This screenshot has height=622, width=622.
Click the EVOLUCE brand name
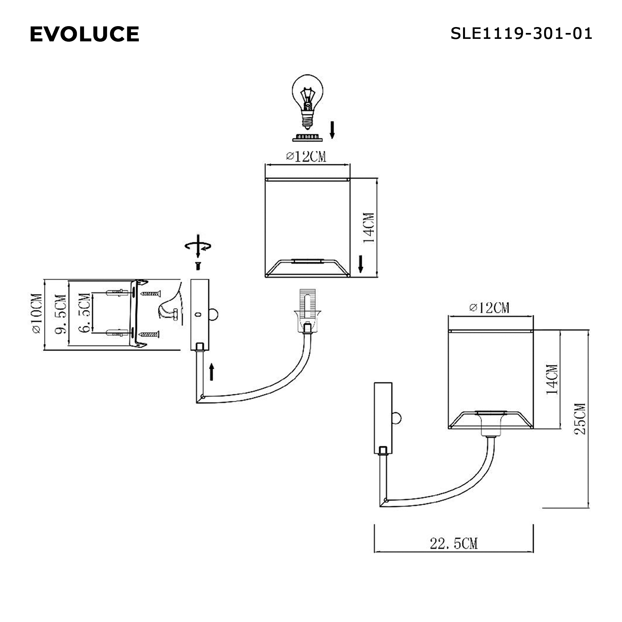[84, 34]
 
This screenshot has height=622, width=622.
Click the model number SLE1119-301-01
[521, 34]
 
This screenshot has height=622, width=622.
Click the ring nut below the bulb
[307, 138]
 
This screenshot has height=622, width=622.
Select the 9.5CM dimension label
[61, 314]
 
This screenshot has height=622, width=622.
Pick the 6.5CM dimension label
[84, 313]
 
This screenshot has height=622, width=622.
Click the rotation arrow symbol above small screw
[198, 246]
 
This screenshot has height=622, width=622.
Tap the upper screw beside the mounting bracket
[151, 293]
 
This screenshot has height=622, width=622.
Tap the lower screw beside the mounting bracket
[149, 335]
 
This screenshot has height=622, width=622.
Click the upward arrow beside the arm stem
[211, 372]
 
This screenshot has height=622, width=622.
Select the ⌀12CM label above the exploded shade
[306, 157]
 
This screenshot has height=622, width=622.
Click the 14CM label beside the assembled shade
[552, 379]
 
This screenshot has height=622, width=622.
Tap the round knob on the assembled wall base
[397, 419]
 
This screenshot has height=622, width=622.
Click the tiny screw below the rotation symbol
[198, 266]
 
